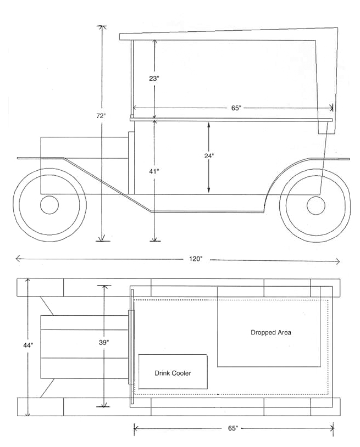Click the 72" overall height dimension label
101,116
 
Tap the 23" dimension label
154,78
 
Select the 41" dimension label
154,171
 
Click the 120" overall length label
197,259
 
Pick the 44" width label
28,345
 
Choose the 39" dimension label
103,342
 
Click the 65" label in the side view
236,108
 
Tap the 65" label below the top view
233,428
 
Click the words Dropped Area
271,332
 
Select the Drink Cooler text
173,373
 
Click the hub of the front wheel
49,205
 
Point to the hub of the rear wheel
316,205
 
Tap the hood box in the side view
82,165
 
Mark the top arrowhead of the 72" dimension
101,27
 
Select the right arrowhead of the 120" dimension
338,261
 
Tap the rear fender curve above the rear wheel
286,168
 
